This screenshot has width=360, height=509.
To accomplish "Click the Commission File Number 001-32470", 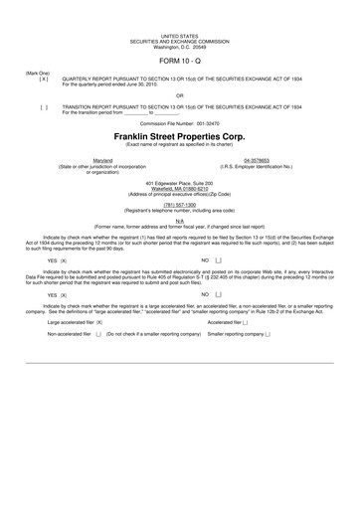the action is pos(179,122).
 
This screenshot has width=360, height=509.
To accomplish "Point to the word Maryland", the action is pos(102,159).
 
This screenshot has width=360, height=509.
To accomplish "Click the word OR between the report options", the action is pos(179,95).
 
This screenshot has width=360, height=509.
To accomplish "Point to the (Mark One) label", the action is pos(37,73).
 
